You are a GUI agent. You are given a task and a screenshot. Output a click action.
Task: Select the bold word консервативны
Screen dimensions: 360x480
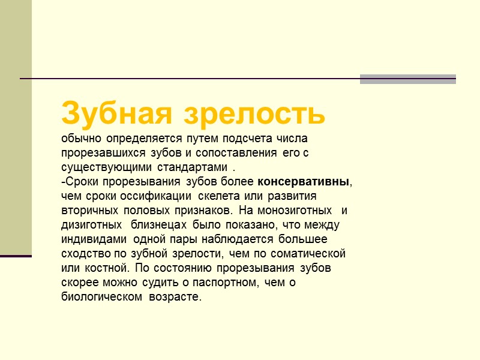[x=303, y=181]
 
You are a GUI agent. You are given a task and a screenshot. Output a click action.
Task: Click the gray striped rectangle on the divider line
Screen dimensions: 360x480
[x=407, y=79]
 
